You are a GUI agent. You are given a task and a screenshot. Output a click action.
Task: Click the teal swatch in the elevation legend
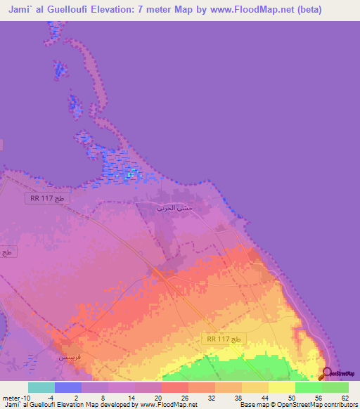click(x=41, y=387)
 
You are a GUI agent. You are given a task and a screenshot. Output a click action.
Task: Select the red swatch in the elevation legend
click(x=175, y=387)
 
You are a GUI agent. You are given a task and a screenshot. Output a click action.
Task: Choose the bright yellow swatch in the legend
click(x=282, y=387)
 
